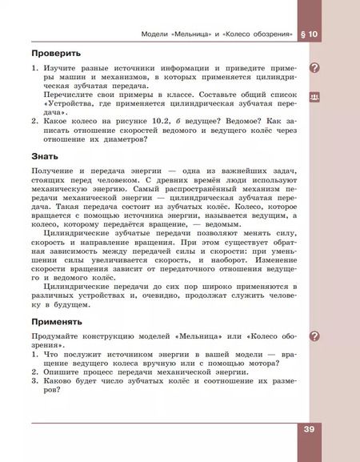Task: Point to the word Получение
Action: pyautogui.click(x=56, y=173)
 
